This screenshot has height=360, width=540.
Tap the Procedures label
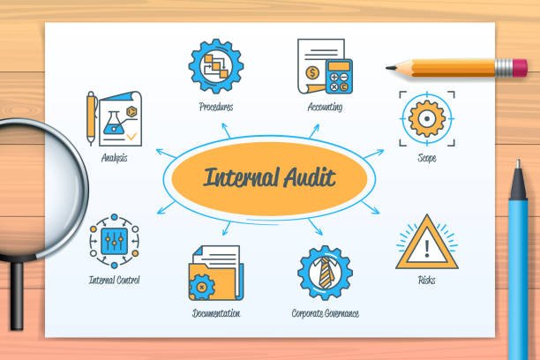[x=215, y=108]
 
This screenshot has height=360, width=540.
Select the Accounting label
[x=325, y=108]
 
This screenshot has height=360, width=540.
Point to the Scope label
[x=427, y=159]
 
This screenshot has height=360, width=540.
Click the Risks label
[x=426, y=280]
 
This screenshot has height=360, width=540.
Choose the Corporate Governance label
[x=325, y=313]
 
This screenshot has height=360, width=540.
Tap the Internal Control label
[x=114, y=280]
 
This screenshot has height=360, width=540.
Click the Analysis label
[x=114, y=159]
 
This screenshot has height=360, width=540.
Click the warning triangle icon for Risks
[x=426, y=244]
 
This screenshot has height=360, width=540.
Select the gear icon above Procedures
[x=215, y=66]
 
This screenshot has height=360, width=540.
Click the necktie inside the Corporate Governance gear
[x=325, y=274]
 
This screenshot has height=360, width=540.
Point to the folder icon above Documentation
[x=214, y=274]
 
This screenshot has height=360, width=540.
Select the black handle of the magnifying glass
[x=15, y=300]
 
